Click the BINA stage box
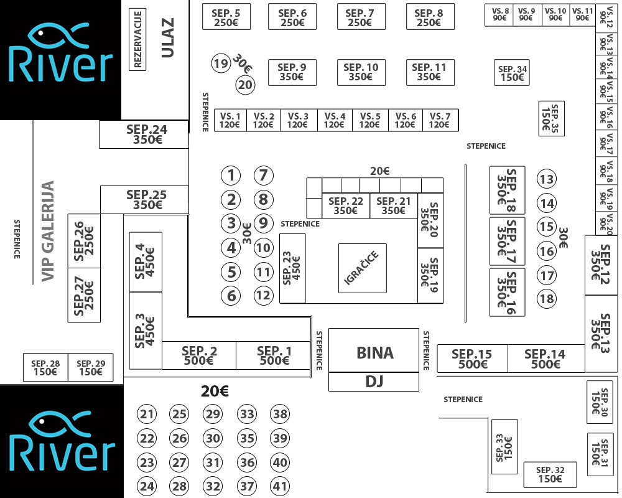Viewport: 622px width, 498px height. [374, 352]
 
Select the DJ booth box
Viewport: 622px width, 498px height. [374, 382]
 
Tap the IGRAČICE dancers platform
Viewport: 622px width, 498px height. [362, 268]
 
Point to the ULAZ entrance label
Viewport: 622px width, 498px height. [167, 37]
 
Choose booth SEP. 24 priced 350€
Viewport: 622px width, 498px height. [144, 134]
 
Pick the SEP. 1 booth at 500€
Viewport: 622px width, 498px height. [273, 355]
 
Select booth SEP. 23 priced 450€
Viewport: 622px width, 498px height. [292, 268]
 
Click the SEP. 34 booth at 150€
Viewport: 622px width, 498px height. [513, 73]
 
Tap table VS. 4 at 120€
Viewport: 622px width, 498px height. [334, 120]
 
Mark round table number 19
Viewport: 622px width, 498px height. [220, 63]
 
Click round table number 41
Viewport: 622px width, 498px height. [281, 486]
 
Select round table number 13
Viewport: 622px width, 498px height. [547, 179]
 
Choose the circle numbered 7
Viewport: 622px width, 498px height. [264, 176]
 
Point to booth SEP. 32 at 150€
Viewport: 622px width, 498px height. [550, 474]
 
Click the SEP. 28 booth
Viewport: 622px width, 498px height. [45, 367]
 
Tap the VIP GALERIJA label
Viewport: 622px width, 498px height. [48, 231]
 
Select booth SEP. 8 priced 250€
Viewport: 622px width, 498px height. [429, 17]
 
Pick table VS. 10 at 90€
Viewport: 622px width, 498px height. [555, 15]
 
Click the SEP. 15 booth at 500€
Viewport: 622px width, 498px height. [472, 359]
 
